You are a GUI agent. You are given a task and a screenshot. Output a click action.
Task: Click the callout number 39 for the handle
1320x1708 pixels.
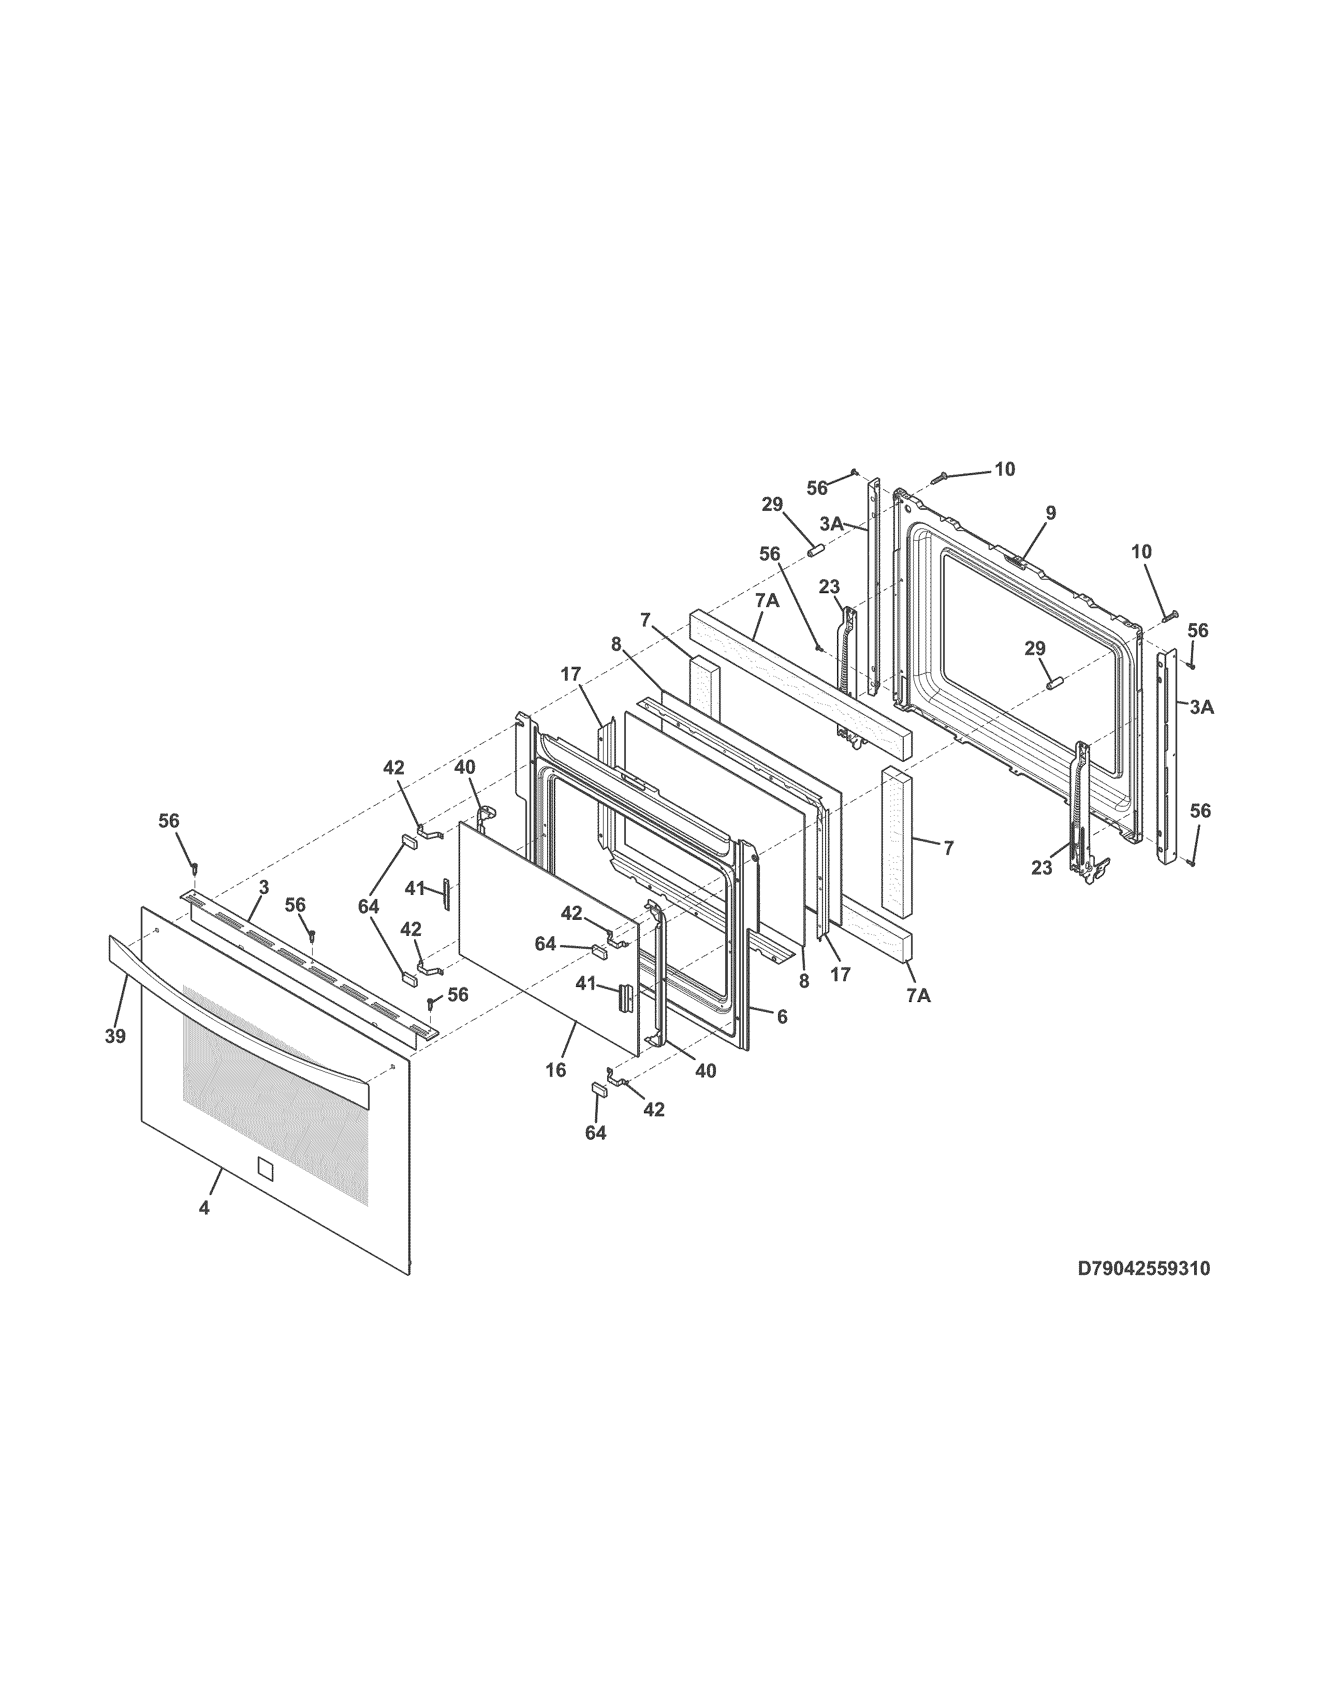click(x=115, y=1036)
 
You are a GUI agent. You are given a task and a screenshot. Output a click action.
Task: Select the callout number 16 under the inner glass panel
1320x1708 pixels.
click(x=556, y=1070)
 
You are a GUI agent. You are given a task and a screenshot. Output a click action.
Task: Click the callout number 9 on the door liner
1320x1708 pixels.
click(x=1050, y=513)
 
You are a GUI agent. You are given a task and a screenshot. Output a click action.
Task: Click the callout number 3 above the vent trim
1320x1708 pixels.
click(x=263, y=887)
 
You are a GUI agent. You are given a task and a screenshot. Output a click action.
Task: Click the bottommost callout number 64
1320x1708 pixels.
click(x=596, y=1132)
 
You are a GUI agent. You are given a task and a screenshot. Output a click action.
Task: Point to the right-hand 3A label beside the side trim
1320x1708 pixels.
click(x=1202, y=707)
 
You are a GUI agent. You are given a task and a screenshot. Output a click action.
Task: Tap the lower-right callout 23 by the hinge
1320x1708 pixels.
click(x=1042, y=867)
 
